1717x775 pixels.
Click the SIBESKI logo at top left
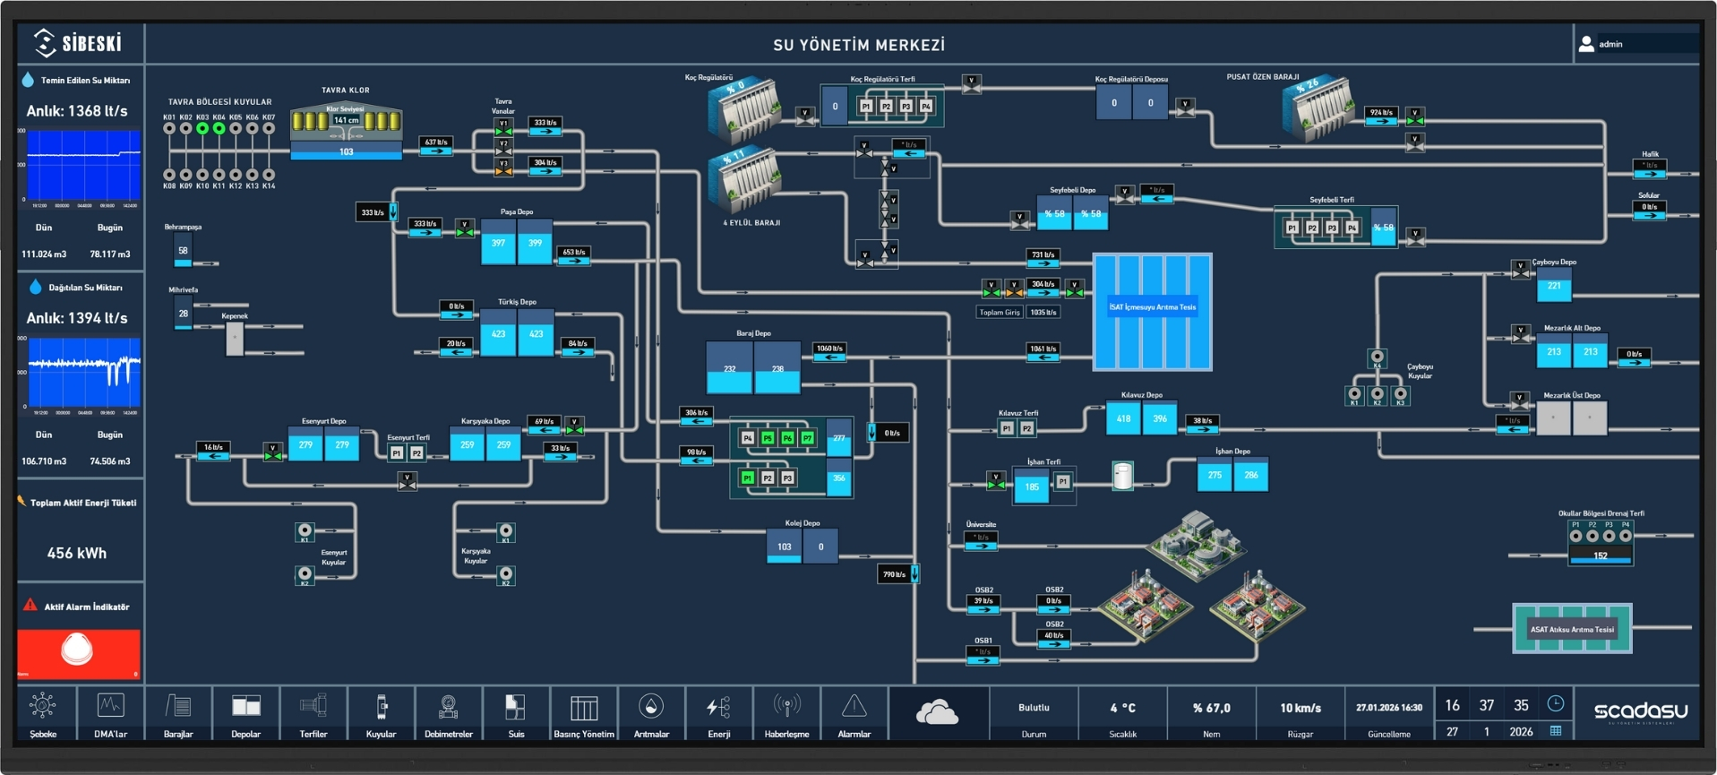tap(78, 42)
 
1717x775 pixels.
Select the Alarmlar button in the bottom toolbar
tap(854, 715)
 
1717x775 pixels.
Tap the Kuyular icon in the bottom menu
tap(381, 715)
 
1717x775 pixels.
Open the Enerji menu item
tap(718, 715)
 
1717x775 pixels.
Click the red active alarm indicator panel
tap(78, 652)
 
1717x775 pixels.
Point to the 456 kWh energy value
tap(77, 553)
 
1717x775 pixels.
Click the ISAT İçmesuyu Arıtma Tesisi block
tap(1152, 311)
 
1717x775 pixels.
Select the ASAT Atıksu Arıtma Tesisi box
tap(1572, 629)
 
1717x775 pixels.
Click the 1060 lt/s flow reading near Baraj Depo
tap(829, 349)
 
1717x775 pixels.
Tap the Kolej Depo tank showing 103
tap(784, 547)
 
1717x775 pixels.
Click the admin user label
tap(1610, 44)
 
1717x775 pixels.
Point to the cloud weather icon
tap(937, 713)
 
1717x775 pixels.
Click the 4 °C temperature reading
tap(1122, 708)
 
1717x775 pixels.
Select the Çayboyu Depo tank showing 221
tap(1554, 287)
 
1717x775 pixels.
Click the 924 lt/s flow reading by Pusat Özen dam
tap(1380, 113)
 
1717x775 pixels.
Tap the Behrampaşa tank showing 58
tap(183, 252)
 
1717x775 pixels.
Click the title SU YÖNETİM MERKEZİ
tap(859, 45)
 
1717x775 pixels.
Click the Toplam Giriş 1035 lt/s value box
tap(1043, 313)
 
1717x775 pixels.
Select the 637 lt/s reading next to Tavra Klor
tap(436, 142)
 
